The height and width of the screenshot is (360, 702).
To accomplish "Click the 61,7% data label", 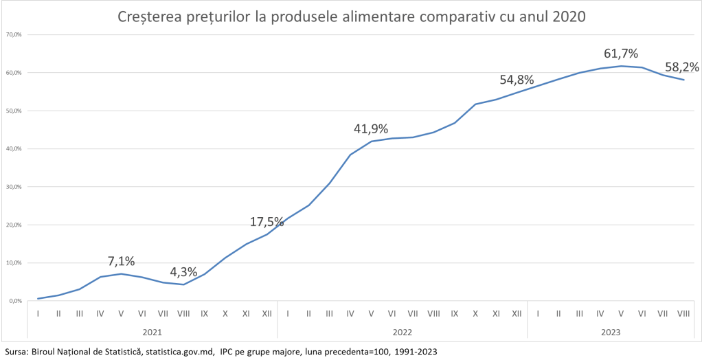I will click(621, 53).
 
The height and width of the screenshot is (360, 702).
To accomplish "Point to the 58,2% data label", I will click(682, 67).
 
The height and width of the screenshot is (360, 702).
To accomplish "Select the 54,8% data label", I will click(517, 80).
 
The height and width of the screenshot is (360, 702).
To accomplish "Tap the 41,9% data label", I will click(371, 128).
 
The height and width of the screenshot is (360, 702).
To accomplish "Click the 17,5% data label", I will click(267, 221).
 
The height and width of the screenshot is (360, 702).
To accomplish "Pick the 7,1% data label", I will click(122, 261).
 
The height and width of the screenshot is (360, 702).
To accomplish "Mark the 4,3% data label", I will click(183, 271).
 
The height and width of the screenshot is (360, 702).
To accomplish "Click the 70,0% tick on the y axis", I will click(14, 34).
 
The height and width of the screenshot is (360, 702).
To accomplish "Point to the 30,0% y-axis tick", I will click(14, 187).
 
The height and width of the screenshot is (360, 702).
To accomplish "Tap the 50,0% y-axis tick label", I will click(14, 111).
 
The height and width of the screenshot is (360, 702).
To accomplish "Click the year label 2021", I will click(152, 332).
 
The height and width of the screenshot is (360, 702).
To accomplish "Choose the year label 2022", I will click(402, 332).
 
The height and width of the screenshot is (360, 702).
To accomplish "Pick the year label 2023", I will click(610, 332).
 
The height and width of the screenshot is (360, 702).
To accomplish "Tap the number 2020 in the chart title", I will click(569, 16).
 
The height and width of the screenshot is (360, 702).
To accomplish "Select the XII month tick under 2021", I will click(267, 313).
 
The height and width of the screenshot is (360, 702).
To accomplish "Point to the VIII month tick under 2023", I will click(683, 313).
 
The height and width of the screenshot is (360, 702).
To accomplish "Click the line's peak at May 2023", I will click(621, 66).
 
